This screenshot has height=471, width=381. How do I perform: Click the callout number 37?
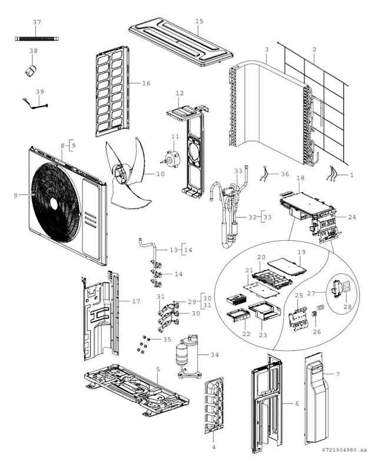37,22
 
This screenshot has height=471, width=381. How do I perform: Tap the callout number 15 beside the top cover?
199,21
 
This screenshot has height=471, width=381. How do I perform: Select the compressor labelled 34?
185,355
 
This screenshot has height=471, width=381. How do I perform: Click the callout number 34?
214,354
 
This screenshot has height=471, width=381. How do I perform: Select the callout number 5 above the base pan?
158,369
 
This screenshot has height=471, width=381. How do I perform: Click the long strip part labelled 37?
37,39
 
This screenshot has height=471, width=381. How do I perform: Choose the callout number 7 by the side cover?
338,374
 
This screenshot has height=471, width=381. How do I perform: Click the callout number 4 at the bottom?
213,447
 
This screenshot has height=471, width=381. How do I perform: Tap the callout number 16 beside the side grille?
146,83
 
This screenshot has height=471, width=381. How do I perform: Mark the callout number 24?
352,217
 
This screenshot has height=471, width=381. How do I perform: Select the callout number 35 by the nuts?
167,339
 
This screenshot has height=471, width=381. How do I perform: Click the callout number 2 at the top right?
314,50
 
